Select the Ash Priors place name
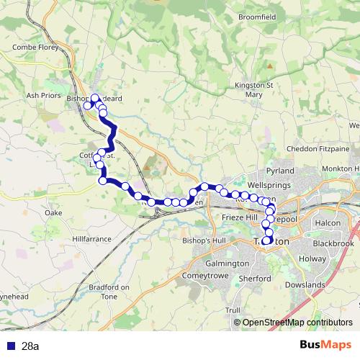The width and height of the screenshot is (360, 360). tap(41, 94)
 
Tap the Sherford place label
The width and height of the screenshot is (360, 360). tap(255, 279)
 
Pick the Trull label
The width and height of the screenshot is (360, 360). tap(233, 310)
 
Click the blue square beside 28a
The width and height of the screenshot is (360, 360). tap(10, 346)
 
